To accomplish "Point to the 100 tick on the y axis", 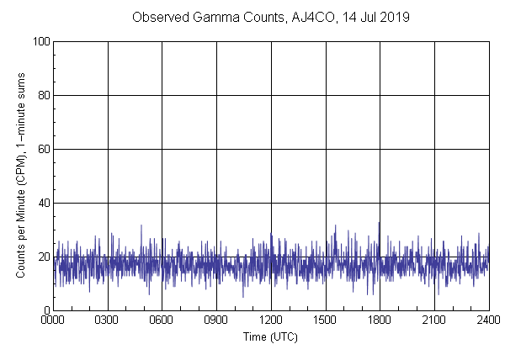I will tap(40, 41).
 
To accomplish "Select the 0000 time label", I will tap(53, 321).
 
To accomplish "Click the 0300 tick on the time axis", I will tap(108, 321).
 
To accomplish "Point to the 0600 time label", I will tap(162, 321).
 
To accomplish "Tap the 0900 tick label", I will tap(216, 321).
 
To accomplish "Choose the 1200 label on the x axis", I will tap(271, 321).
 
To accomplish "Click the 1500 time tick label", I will tap(325, 321).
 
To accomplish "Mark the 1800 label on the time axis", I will tap(380, 321).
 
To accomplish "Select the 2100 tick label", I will tap(434, 321).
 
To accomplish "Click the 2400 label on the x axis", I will tap(487, 321).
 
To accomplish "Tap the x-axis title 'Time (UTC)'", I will tap(270, 336).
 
